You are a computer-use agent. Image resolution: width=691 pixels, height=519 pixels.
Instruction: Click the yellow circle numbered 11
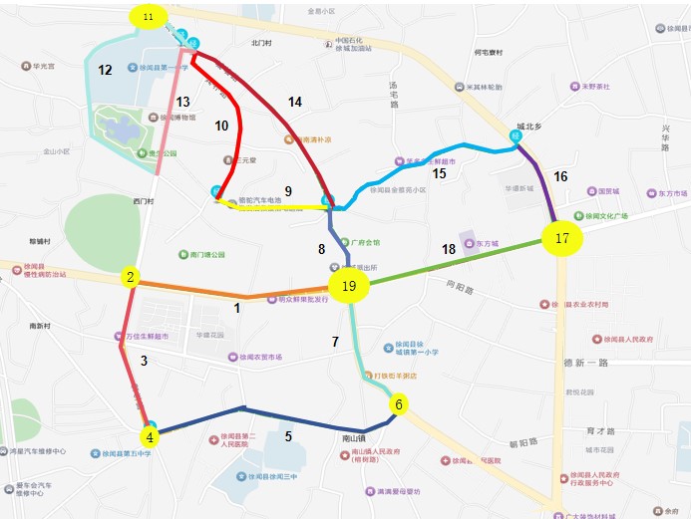point(149,17)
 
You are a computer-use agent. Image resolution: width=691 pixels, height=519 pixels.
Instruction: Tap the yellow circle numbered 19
point(348,287)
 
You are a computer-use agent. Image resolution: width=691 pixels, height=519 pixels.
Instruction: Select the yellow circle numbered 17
point(562,238)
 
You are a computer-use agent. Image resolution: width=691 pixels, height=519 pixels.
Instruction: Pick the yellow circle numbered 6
point(399,404)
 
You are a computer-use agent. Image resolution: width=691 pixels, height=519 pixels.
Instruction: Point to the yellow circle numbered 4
point(150,435)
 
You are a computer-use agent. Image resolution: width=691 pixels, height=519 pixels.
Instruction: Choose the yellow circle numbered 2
point(130,276)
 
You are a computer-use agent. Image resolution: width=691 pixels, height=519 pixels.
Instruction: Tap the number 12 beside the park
point(105,70)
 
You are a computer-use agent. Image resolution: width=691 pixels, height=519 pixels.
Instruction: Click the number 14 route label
point(294,102)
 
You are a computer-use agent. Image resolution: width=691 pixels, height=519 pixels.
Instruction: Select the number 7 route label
point(336,342)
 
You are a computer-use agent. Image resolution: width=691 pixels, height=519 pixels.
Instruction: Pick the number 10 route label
point(221,126)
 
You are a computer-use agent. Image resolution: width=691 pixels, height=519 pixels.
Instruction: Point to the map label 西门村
point(143,200)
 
